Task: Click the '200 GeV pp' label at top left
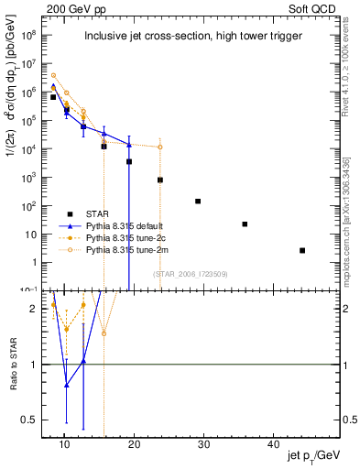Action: point(71,7)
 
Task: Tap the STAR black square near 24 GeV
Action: point(160,180)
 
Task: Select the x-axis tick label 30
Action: point(203,443)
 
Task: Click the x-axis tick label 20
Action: point(134,443)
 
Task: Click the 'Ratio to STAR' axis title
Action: point(13,365)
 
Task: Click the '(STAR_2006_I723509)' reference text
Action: point(191,274)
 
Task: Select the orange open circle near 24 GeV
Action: point(160,147)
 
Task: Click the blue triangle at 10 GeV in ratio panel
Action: point(66,385)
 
